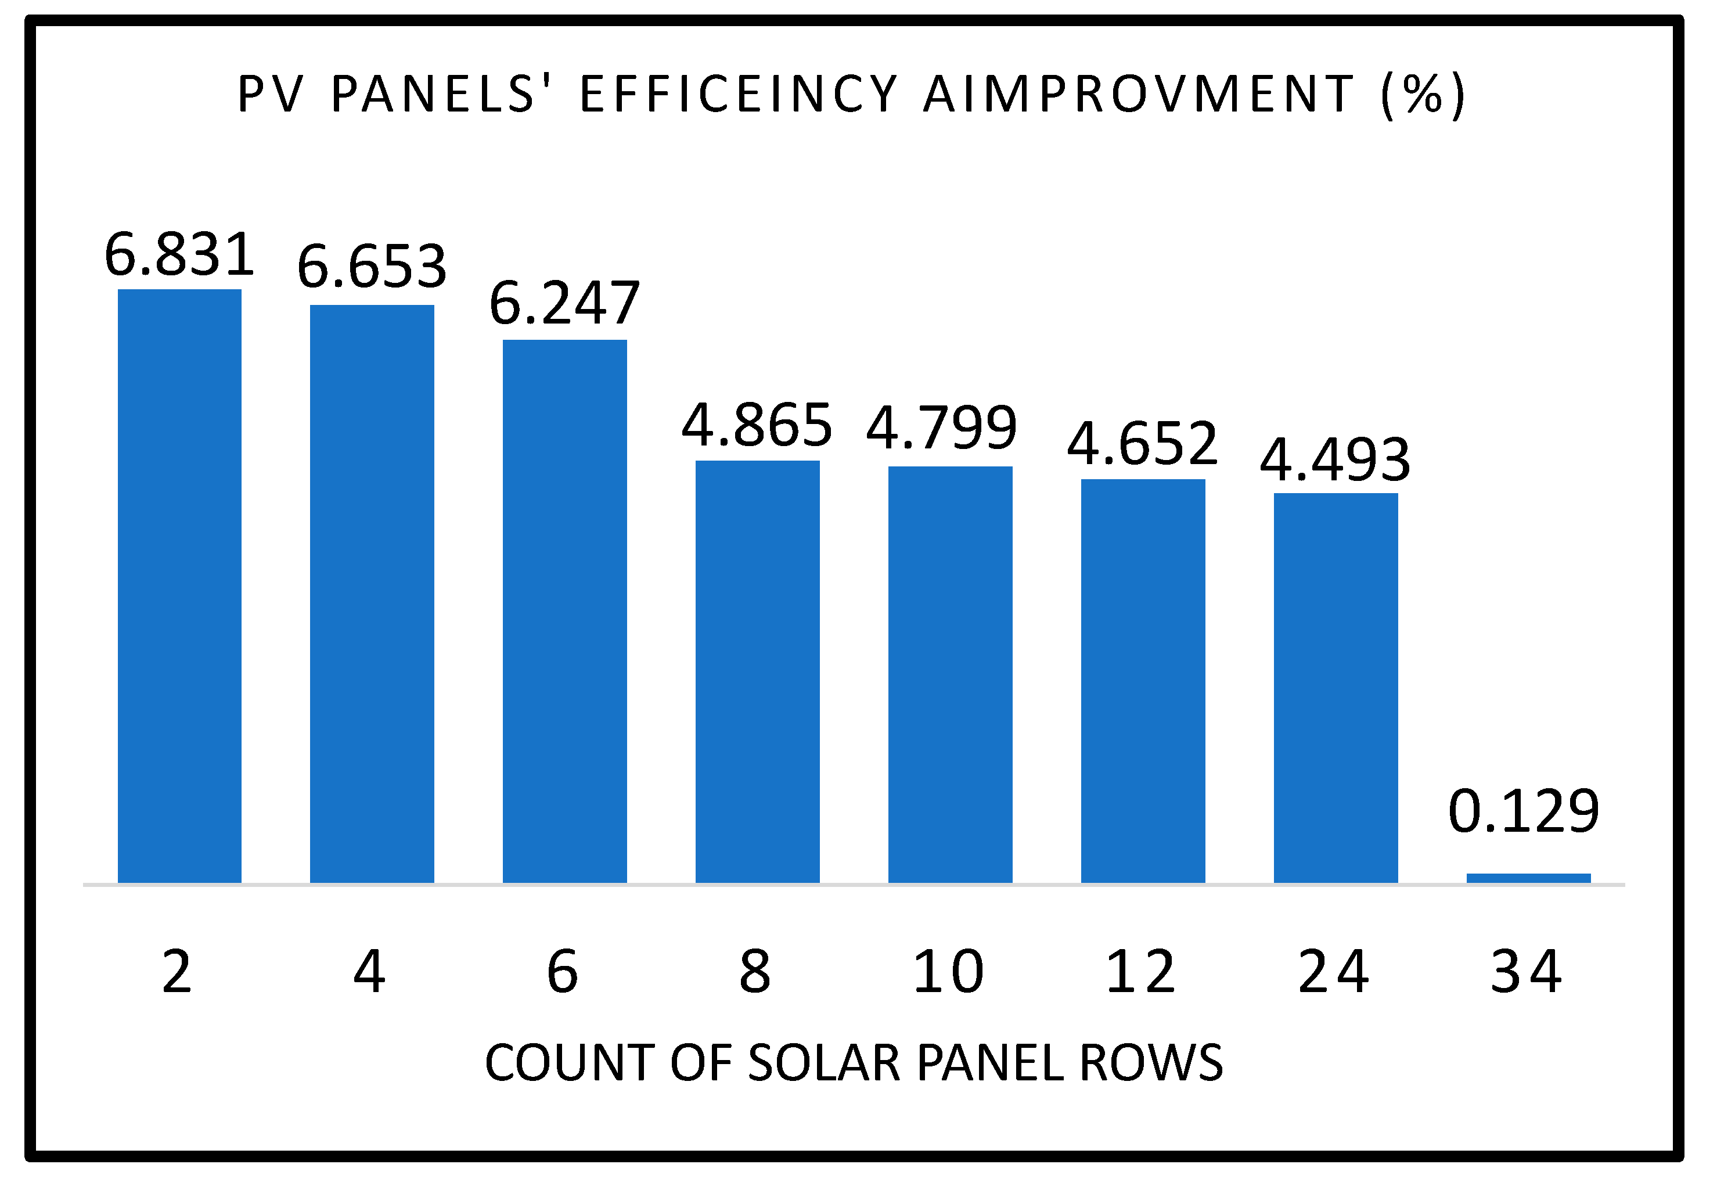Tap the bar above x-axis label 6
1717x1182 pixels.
click(564, 611)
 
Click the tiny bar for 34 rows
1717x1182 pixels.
click(1528, 878)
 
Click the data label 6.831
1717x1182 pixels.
click(179, 254)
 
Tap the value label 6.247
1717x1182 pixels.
click(564, 303)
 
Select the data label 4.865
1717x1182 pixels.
click(757, 425)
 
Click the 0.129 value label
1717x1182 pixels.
click(1524, 813)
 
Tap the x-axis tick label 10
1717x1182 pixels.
click(948, 972)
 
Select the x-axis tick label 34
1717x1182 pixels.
click(1526, 972)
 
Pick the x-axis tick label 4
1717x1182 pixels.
click(369, 972)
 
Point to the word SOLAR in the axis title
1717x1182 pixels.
click(823, 1064)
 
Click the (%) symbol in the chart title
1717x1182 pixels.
click(1423, 95)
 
